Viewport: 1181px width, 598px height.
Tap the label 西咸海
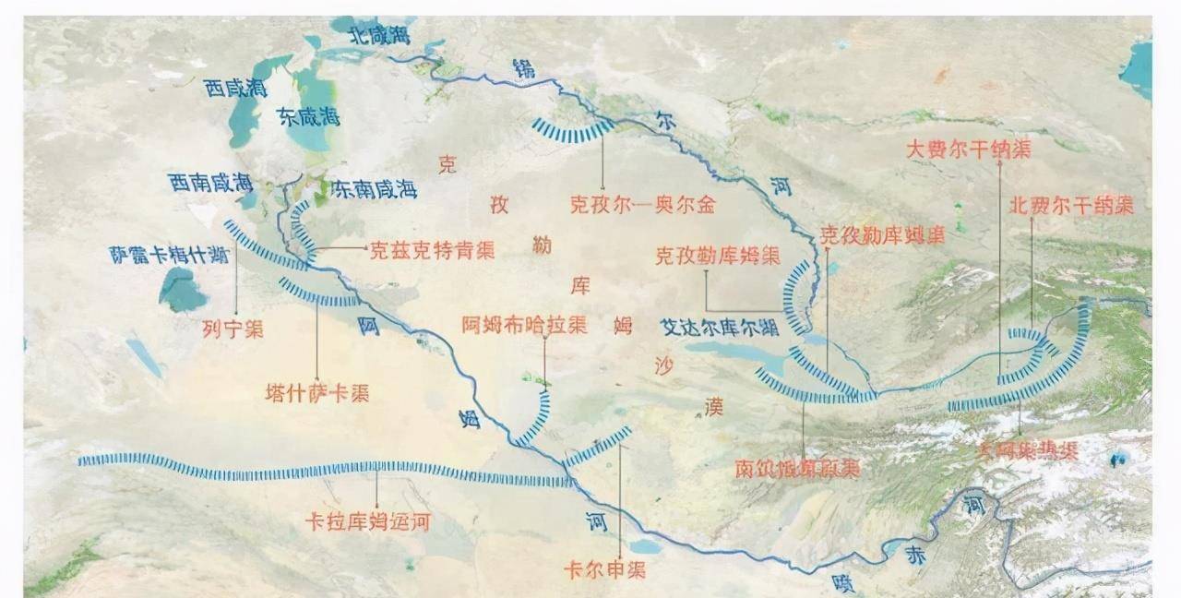click(x=236, y=89)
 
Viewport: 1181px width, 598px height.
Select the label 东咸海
click(x=308, y=116)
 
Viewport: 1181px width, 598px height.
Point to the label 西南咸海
click(x=211, y=182)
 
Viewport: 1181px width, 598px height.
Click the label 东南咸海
click(x=374, y=189)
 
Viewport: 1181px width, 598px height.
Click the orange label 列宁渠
click(x=233, y=329)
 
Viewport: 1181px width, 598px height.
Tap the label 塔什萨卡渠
click(x=317, y=392)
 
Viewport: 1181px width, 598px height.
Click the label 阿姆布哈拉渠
click(x=524, y=324)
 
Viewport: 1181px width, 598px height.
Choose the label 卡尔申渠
click(x=605, y=569)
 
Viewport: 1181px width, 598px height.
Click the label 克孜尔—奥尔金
click(x=642, y=205)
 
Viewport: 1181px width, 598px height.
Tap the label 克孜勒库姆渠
click(x=718, y=256)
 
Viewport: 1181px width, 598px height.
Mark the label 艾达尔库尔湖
click(x=719, y=327)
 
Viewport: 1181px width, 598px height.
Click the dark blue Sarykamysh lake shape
click(x=182, y=291)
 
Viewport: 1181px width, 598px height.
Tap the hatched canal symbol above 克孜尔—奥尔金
click(x=572, y=131)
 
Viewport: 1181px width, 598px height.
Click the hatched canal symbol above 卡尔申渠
click(x=599, y=447)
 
